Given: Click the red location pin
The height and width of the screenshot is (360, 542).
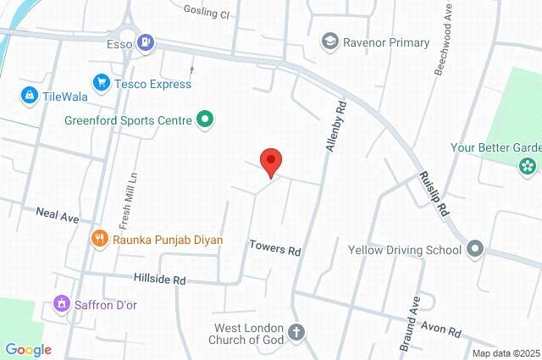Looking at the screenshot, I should (270, 161).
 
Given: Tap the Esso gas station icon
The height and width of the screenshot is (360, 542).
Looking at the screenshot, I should (147, 42).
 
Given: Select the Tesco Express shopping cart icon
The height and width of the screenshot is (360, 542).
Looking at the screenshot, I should (102, 83).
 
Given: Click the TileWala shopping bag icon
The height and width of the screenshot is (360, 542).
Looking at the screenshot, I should (30, 94).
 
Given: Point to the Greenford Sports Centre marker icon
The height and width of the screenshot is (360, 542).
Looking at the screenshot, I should (204, 120).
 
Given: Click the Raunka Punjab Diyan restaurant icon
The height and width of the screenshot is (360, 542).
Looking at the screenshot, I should (100, 240).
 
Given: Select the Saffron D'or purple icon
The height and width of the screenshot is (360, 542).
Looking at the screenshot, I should (61, 302).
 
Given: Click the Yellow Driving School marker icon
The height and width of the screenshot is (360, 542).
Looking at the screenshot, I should (475, 249).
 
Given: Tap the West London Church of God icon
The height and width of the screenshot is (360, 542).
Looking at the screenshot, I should (296, 332).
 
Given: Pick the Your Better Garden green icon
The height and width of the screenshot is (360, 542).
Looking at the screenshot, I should (529, 163).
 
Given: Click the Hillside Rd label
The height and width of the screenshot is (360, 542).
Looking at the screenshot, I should (159, 278).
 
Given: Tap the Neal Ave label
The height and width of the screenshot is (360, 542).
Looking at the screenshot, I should (57, 215).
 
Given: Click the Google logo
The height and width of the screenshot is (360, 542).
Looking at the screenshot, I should (28, 349).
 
